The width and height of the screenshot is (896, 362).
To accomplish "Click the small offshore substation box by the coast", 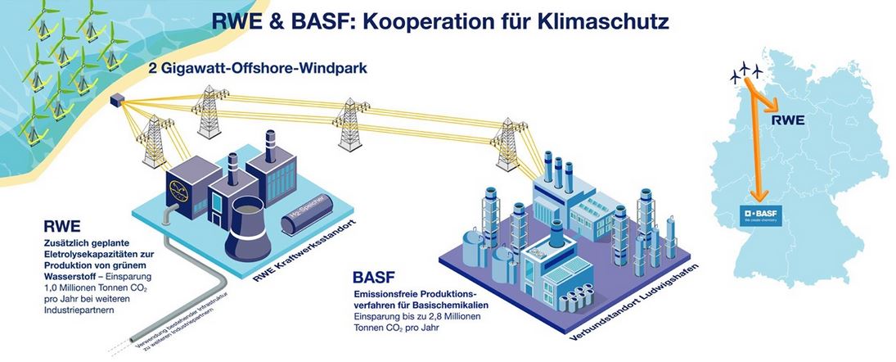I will (119, 101).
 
